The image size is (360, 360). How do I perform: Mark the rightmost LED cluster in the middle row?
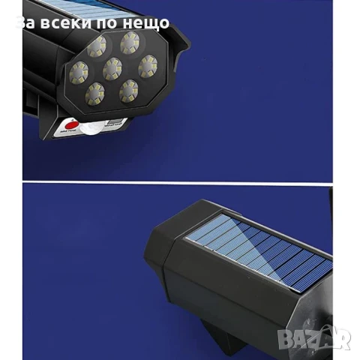click(147, 68)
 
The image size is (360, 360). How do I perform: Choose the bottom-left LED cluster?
click(96, 93)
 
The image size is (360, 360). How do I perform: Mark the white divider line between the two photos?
click(180, 181)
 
